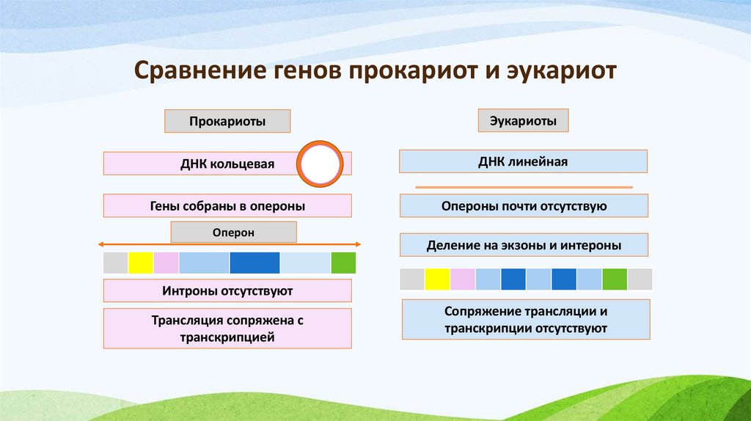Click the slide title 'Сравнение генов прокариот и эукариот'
tap(375, 72)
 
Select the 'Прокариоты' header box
tap(227, 121)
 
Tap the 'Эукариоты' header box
tap(523, 120)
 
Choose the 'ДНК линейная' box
tap(523, 161)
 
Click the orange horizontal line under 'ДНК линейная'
tap(524, 188)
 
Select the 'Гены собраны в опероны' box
tap(227, 206)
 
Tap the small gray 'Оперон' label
tap(233, 232)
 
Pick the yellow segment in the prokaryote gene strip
tap(141, 263)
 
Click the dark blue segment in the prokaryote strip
tap(254, 263)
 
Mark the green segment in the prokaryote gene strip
tap(343, 263)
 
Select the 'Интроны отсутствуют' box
tap(227, 291)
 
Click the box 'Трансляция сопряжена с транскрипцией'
tap(227, 329)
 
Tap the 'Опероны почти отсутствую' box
tap(524, 206)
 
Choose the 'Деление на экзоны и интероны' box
tap(524, 245)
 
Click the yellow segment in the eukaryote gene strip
tap(437, 279)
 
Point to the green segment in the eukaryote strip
tap(615, 279)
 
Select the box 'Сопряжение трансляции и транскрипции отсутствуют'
tap(526, 320)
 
